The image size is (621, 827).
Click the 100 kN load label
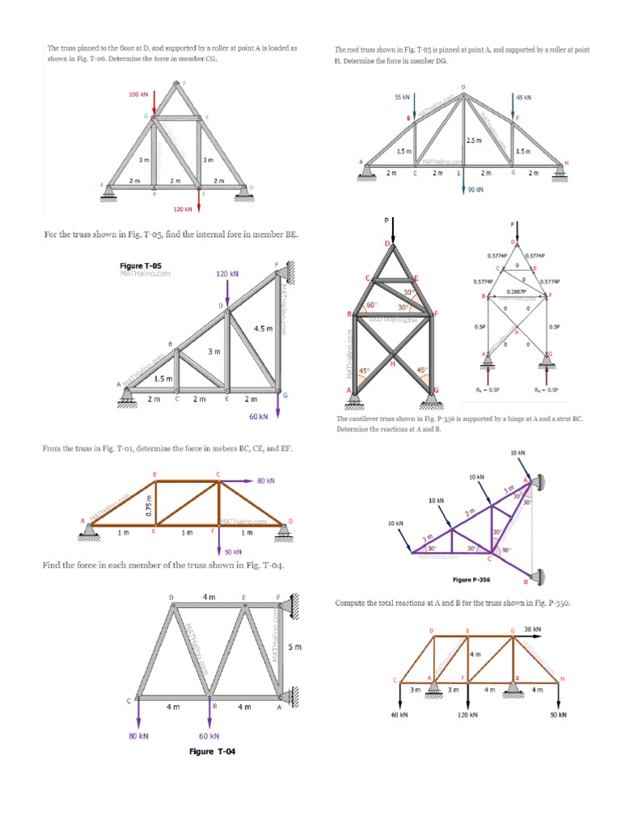tap(138, 94)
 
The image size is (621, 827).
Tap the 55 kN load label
tap(402, 97)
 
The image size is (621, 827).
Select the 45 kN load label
tap(524, 98)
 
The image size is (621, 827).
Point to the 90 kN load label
tap(475, 191)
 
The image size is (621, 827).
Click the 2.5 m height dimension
tap(474, 141)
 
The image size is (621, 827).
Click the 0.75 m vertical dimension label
tap(148, 508)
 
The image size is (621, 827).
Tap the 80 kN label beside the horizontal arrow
tap(266, 481)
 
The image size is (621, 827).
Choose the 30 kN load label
tap(532, 628)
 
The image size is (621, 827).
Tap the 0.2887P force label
tap(516, 291)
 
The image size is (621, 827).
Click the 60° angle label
tap(372, 305)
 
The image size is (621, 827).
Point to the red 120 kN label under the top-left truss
tap(183, 209)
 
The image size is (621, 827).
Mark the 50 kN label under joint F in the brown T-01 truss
tap(233, 552)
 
